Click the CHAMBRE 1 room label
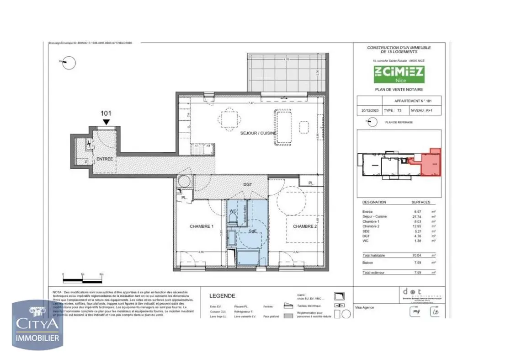point(202,226)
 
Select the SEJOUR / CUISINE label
point(259,133)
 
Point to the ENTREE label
point(105,159)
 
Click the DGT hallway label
point(247,184)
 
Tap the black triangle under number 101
point(106,122)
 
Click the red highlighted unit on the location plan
point(430,163)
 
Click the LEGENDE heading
point(222,296)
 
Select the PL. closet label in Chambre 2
point(311,183)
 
